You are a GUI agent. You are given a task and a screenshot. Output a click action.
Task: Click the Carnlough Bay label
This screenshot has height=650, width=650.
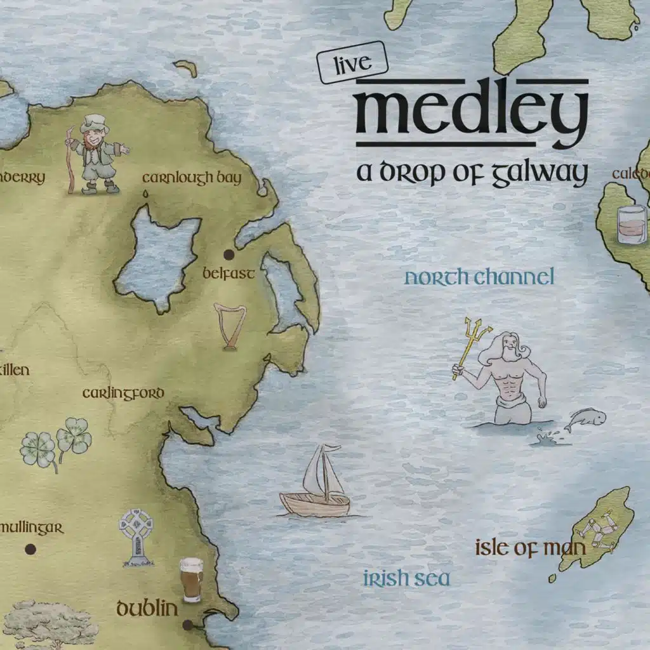click(x=192, y=178)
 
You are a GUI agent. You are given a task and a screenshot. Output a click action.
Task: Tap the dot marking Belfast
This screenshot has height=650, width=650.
click(x=229, y=255)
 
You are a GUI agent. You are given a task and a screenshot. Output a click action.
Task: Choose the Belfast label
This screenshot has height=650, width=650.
click(x=229, y=274)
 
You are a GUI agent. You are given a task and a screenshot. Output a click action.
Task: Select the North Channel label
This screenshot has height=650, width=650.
click(x=479, y=277)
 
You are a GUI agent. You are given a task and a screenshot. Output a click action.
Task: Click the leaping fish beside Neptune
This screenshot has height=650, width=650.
click(x=585, y=420)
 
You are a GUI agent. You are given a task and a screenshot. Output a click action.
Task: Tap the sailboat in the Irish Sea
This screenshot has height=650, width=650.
click(x=317, y=482)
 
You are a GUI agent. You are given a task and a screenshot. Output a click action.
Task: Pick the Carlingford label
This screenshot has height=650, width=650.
click(x=123, y=394)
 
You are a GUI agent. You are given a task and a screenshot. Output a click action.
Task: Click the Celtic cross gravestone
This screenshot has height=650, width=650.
click(x=136, y=536)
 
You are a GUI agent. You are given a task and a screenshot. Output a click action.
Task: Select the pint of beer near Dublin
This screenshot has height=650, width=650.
click(x=190, y=580)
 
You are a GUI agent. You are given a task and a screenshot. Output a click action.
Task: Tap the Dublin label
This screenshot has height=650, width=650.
click(x=147, y=609)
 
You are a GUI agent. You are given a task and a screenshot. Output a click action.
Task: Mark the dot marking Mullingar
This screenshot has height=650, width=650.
click(x=29, y=550)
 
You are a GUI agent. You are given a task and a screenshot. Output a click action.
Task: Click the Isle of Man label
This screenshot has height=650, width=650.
click(x=529, y=548)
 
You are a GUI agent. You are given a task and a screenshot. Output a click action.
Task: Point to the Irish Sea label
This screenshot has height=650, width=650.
click(x=406, y=579)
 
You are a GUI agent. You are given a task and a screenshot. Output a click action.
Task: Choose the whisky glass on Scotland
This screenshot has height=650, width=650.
click(x=633, y=225)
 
